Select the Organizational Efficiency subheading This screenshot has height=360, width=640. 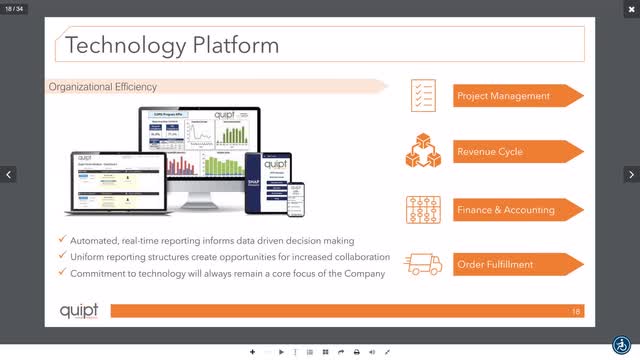tap(103, 87)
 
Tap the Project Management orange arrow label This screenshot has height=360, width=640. tap(504, 96)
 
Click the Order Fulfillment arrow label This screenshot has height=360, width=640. tap(496, 264)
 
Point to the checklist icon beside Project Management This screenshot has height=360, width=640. tap(422, 96)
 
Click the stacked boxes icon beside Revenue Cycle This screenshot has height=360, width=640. tap(422, 152)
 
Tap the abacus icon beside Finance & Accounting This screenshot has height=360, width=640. tap(422, 208)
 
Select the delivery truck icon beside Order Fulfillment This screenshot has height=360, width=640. tap(422, 264)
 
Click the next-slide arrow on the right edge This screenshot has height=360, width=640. tap(630, 175)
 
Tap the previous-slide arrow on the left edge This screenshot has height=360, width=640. tap(9, 175)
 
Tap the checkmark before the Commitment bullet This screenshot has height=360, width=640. tap(62, 274)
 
